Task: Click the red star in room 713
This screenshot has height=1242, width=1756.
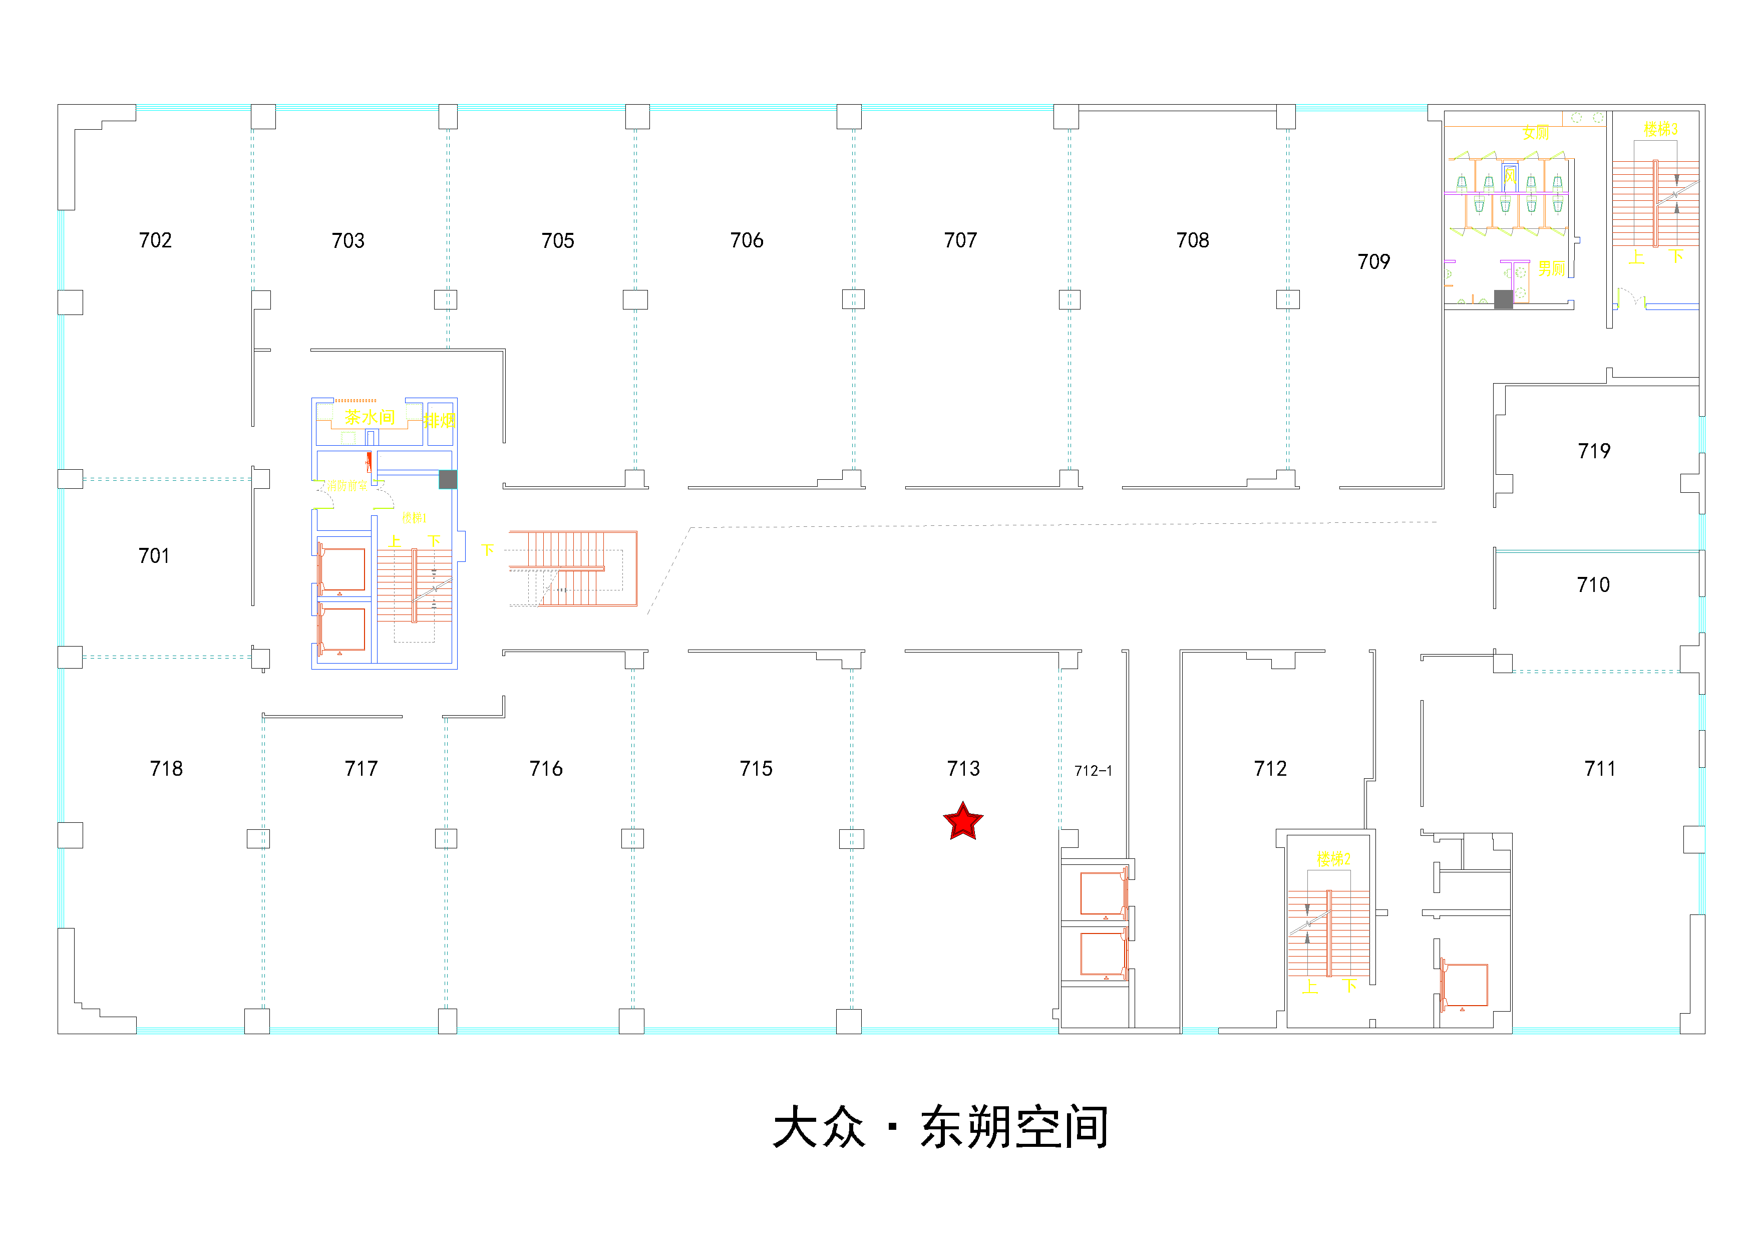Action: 963,821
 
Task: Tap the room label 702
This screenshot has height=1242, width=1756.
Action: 155,240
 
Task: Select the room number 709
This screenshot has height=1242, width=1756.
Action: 1373,261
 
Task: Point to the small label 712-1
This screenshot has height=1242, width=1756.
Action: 1093,771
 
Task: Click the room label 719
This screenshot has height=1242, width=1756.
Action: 1594,451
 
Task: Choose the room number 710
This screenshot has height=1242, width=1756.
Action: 1593,585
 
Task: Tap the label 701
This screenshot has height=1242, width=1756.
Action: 154,556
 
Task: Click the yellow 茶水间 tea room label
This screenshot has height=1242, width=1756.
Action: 370,417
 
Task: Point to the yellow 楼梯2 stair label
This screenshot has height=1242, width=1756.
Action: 1333,859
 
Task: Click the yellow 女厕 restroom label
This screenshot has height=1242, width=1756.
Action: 1535,133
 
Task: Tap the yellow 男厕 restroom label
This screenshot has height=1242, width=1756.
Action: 1551,268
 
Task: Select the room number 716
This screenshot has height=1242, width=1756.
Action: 546,769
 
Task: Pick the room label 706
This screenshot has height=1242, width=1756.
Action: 747,240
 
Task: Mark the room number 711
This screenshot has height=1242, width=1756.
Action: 1600,769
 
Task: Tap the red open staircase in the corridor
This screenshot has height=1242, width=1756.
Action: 574,568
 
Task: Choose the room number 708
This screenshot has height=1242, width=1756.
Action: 1192,240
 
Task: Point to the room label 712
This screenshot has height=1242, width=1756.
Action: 1270,769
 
